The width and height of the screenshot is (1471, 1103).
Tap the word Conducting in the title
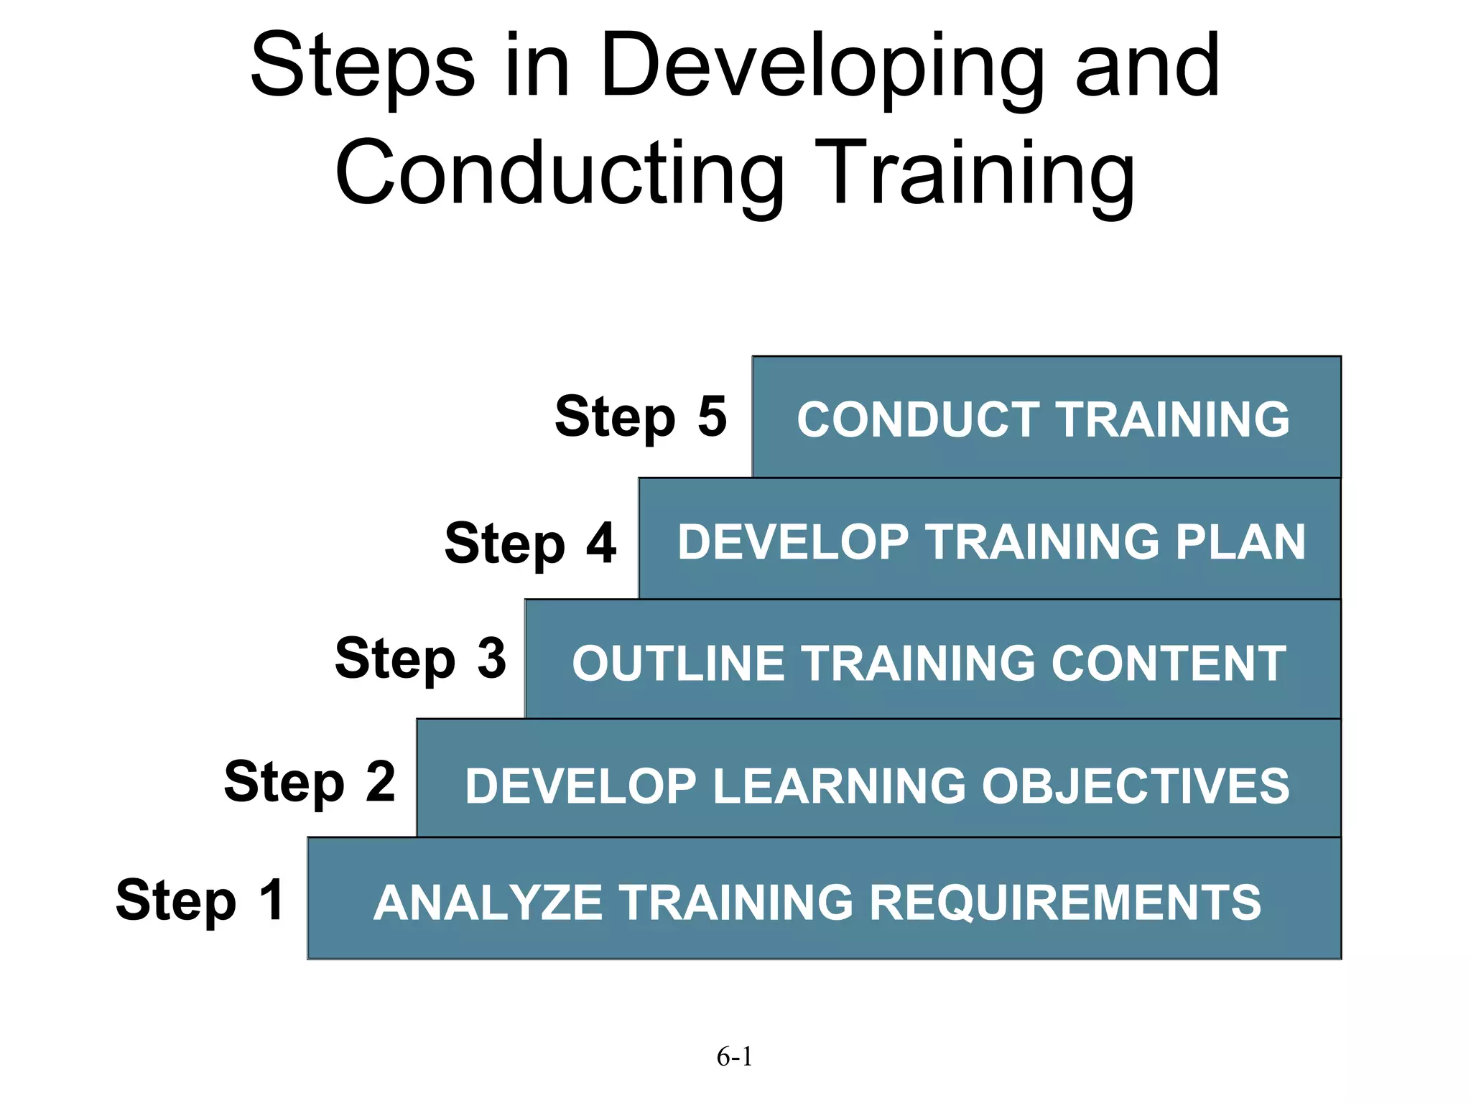pos(560,174)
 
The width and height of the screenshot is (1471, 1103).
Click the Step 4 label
pos(530,543)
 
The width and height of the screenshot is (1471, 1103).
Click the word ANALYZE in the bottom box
pos(488,903)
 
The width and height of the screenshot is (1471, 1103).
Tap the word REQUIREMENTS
pos(1065,903)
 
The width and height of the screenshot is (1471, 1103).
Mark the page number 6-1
pos(734,1056)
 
